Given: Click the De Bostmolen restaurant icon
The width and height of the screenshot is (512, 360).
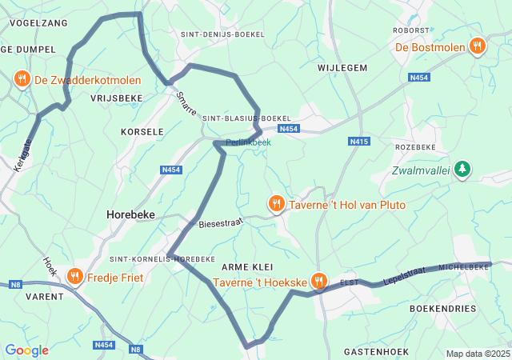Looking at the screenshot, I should coord(478,46).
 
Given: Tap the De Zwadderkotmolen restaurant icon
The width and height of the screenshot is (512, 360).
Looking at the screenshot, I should coord(22,79).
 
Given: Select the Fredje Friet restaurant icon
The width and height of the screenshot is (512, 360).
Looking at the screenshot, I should coord(74,276).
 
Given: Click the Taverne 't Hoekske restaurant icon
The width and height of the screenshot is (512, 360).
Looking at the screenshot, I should coord(318,281).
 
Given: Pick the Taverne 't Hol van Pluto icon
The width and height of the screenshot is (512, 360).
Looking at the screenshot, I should coord(276,204).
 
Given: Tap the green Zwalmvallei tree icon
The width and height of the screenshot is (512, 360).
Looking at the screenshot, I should coord(462,169).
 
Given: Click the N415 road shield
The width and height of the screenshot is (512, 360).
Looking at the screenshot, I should coord(359,142).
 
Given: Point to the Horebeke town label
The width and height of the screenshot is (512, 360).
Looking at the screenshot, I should coord(130,214).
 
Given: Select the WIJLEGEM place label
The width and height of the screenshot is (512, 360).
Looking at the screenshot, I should coord(342,68).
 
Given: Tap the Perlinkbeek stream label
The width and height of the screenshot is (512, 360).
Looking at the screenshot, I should coord(248,142).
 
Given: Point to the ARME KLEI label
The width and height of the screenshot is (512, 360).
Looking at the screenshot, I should coord(247,266).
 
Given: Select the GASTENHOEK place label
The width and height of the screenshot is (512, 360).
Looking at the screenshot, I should coord(376,351).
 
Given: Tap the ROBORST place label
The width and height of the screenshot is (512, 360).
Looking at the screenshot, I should coord(411,30).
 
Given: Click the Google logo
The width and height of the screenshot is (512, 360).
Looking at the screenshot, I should coord(26,350).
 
